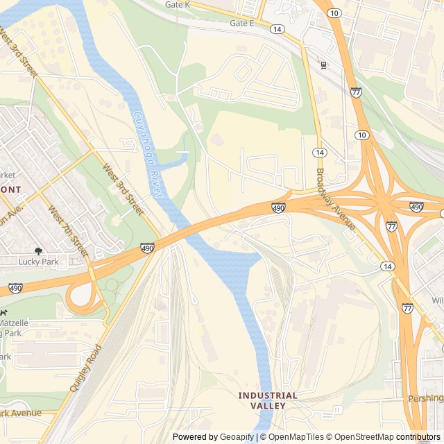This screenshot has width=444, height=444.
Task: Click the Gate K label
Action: pos(178,5)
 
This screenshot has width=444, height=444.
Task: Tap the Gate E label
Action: pos(242,23)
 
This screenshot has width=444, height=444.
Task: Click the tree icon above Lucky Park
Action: pos(37,250)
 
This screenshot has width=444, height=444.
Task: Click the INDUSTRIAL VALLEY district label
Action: pos(268,400)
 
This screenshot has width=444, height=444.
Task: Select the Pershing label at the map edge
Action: pos(425,398)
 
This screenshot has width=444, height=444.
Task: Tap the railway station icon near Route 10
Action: pos(323,65)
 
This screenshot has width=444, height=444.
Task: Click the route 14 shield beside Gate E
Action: pos(277,29)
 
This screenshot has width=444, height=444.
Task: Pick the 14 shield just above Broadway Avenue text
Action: pos(319,152)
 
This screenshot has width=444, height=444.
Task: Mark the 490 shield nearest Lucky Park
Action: pos(147,247)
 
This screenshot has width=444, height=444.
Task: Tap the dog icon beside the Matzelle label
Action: pos(2,314)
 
